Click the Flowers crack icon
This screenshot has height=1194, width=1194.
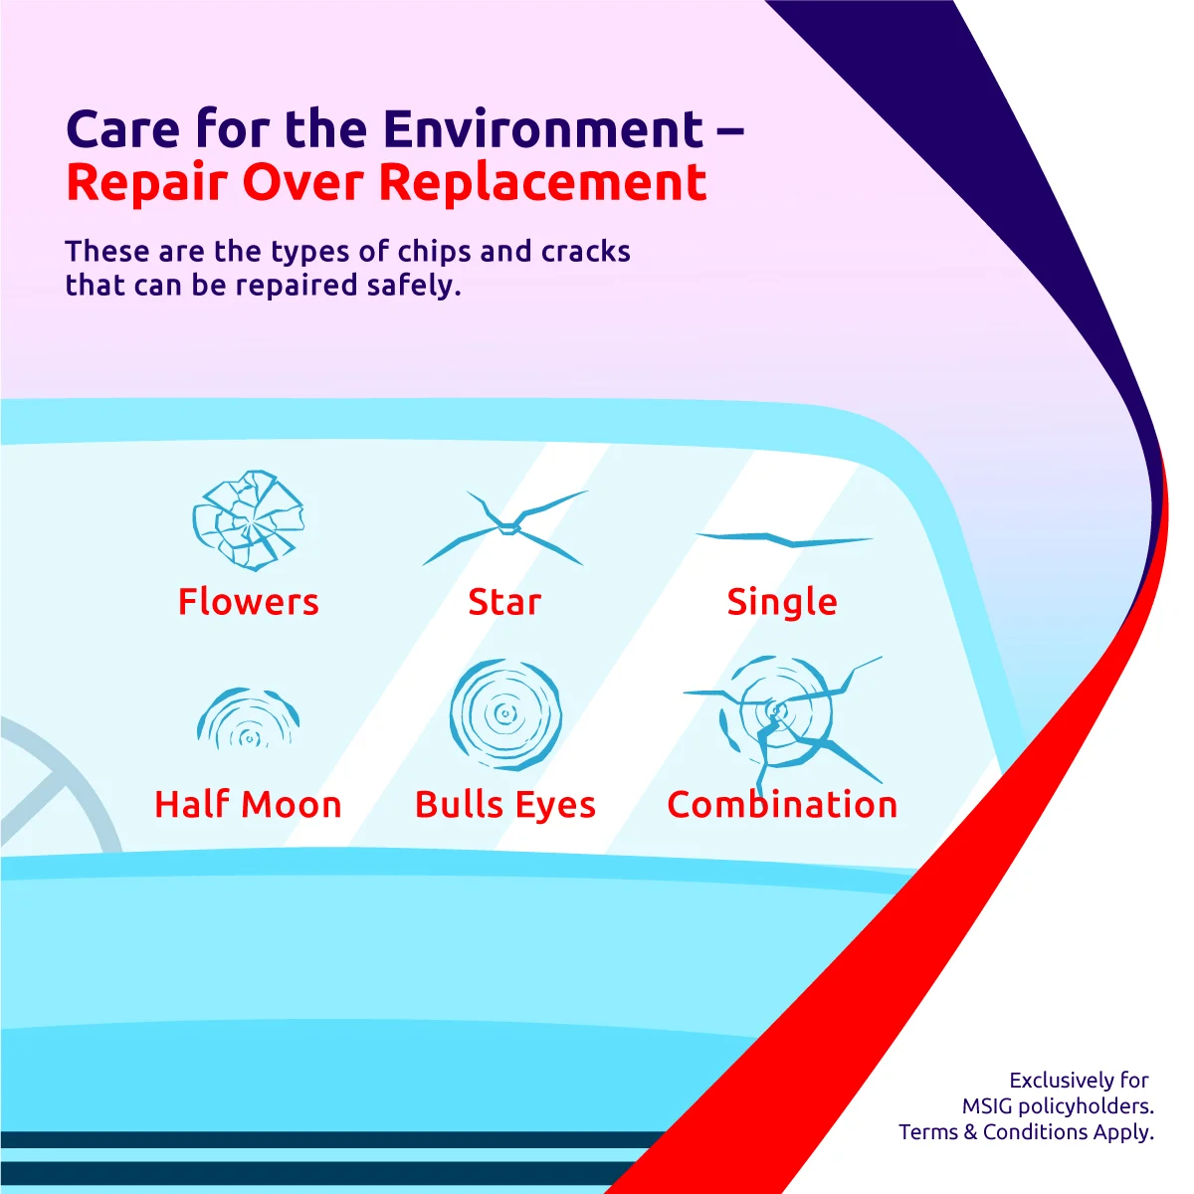[x=248, y=519]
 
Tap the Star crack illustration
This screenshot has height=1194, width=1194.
[x=505, y=527]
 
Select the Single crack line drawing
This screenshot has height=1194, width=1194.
[x=783, y=539]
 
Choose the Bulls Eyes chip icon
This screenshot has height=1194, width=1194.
[x=505, y=713]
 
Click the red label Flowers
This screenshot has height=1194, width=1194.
[x=248, y=602]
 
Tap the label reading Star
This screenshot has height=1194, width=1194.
[x=504, y=602]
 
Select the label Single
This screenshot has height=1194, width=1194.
[x=782, y=602]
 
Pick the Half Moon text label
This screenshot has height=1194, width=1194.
[x=248, y=804]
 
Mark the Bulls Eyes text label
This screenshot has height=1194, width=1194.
[x=505, y=804]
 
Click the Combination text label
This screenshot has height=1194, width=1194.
[x=782, y=804]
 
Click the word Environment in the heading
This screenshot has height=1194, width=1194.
[x=542, y=129]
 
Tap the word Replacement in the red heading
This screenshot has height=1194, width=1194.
[x=542, y=182]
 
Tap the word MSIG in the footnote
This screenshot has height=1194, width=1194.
[x=987, y=1106]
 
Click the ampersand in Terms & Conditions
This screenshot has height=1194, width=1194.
[x=970, y=1132]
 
